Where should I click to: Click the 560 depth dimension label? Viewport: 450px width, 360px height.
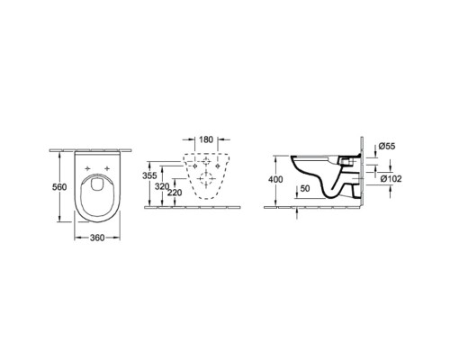click(59, 187)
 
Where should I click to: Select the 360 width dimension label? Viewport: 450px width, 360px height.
click(97, 238)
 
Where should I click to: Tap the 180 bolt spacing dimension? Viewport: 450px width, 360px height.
click(206, 139)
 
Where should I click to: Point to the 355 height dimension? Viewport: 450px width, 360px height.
click(149, 175)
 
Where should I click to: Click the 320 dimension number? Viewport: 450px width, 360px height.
click(162, 186)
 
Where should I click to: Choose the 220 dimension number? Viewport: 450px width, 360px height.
click(175, 193)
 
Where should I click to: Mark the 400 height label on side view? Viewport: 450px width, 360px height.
click(275, 179)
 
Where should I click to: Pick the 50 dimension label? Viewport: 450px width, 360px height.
click(305, 188)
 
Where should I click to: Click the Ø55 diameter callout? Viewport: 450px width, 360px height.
click(387, 146)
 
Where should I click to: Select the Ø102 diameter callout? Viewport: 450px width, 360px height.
click(391, 179)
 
